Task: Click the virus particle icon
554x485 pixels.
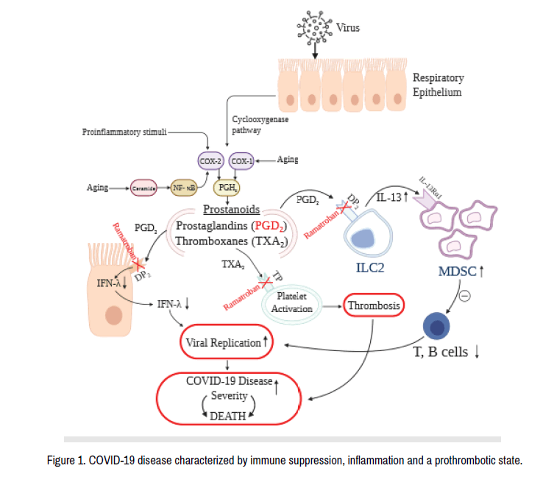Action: point(316,28)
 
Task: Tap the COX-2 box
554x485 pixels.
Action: point(211,160)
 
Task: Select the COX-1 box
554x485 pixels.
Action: point(241,160)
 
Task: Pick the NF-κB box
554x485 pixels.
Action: point(184,188)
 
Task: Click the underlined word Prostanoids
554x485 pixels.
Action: point(230,210)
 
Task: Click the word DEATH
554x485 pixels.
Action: point(227,417)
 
